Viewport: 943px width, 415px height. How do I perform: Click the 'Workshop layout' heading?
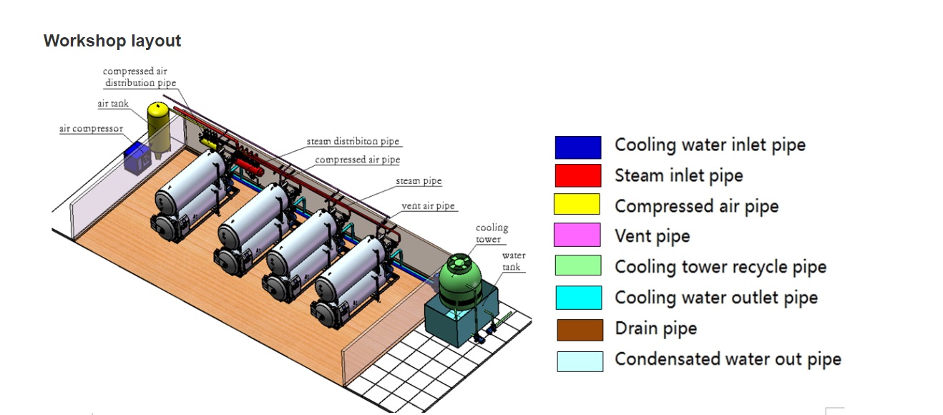pyautogui.click(x=112, y=41)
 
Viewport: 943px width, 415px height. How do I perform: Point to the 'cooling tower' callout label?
pyautogui.click(x=492, y=233)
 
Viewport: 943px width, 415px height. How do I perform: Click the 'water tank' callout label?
pyautogui.click(x=513, y=261)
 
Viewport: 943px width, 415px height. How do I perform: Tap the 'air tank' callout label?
pyautogui.click(x=113, y=104)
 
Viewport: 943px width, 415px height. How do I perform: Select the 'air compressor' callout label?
pyautogui.click(x=91, y=129)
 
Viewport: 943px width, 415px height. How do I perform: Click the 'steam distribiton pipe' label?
pyautogui.click(x=353, y=142)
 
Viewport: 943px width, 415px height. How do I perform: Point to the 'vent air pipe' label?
pyautogui.click(x=428, y=206)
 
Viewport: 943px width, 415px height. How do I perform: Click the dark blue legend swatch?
pyautogui.click(x=577, y=147)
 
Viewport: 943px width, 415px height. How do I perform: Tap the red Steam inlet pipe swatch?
pyautogui.click(x=577, y=175)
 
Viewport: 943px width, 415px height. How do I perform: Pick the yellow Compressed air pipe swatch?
pyautogui.click(x=577, y=205)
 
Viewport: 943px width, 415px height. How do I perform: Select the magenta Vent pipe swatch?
pyautogui.click(x=577, y=235)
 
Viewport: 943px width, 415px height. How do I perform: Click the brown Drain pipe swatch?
pyautogui.click(x=580, y=330)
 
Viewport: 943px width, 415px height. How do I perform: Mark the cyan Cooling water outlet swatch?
pyautogui.click(x=579, y=298)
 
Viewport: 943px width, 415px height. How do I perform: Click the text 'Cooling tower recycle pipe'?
pyautogui.click(x=720, y=268)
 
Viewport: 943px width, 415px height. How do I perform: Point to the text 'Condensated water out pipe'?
pyautogui.click(x=728, y=359)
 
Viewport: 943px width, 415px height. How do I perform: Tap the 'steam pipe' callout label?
pyautogui.click(x=419, y=182)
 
